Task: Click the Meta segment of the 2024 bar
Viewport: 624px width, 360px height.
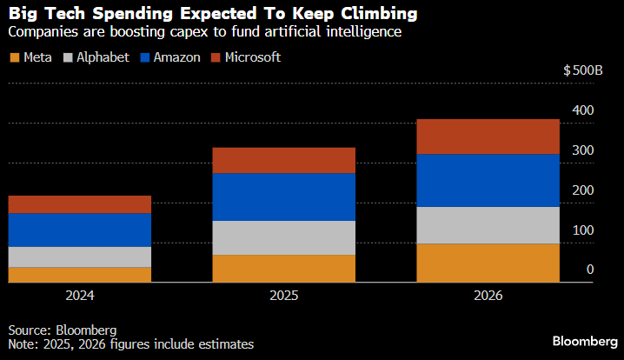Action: (80, 274)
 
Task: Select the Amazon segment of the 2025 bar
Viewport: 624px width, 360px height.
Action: (284, 197)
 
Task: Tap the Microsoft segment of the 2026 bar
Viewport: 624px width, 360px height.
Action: (488, 137)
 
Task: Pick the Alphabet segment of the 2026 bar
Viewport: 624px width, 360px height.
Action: (488, 225)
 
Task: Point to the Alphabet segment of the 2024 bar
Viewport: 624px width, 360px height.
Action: (80, 257)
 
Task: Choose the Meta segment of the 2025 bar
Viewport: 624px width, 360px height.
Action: (284, 268)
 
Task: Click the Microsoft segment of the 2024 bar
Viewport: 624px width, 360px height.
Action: (80, 204)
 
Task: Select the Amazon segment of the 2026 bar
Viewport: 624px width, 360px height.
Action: (488, 180)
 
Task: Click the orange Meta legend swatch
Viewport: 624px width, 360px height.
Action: (14, 57)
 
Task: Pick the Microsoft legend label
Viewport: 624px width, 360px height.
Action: (252, 57)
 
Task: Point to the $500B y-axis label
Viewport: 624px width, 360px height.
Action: (584, 70)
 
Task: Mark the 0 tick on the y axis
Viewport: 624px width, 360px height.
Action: (589, 270)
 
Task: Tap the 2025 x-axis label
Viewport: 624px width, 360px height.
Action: (284, 296)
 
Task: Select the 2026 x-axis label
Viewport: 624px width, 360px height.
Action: (488, 296)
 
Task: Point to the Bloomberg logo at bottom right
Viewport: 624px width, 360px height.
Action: (583, 340)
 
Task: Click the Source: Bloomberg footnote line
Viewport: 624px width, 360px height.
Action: (63, 330)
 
